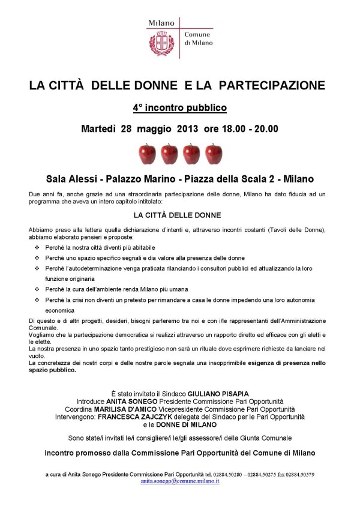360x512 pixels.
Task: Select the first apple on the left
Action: click(147, 154)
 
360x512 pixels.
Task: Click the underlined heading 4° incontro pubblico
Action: click(180, 108)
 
